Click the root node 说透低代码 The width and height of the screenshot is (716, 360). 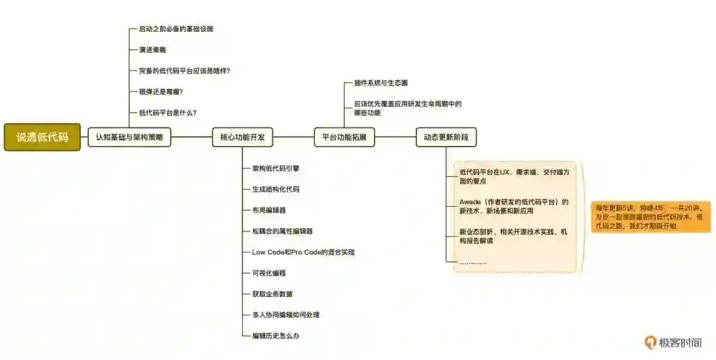[42, 137]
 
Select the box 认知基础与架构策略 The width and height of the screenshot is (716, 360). [129, 137]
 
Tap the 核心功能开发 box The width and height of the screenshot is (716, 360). [242, 137]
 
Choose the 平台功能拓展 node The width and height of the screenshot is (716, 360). [344, 137]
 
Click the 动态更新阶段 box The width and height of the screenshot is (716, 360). [446, 137]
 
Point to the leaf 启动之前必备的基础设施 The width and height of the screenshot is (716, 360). [176, 29]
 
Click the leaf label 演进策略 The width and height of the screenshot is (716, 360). [152, 50]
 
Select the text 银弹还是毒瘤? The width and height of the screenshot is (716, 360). [161, 91]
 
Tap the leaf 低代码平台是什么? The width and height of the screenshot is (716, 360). [168, 113]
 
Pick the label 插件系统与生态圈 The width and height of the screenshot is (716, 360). [381, 84]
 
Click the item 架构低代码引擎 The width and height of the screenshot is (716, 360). [276, 168]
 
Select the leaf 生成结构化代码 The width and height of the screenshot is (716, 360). [276, 189]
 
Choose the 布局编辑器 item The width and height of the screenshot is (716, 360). [269, 210]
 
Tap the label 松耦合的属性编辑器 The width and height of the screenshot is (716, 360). [282, 231]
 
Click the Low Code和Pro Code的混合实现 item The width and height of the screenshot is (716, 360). [303, 252]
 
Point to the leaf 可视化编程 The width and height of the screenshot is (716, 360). [269, 273]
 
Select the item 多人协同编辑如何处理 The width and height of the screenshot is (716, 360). [286, 315]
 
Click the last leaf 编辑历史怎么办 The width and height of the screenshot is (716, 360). [276, 336]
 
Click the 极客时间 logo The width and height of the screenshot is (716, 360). [673, 342]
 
